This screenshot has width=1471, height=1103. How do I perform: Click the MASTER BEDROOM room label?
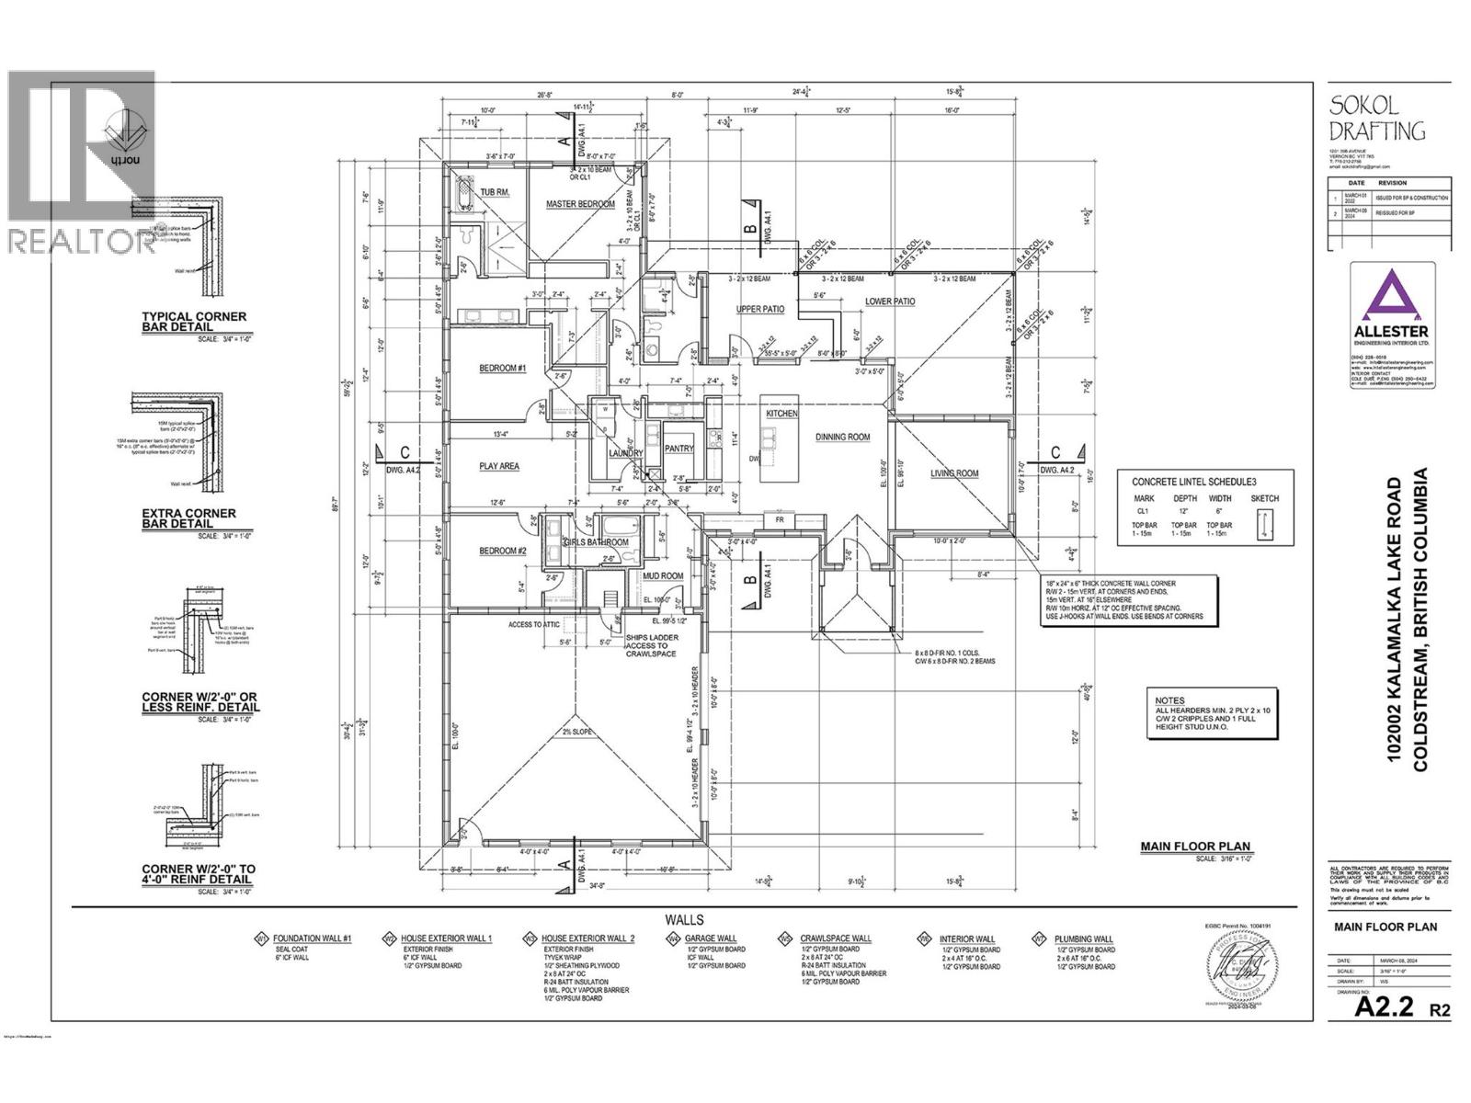click(x=579, y=204)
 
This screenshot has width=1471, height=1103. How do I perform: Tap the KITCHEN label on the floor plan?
click(x=782, y=415)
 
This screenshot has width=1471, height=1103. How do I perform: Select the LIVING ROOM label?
click(x=954, y=474)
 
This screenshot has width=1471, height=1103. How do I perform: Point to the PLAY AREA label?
click(x=498, y=467)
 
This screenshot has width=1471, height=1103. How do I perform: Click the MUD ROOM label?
click(x=663, y=576)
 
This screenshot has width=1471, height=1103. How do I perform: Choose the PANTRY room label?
click(x=678, y=449)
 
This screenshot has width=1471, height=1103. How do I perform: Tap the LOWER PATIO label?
click(x=889, y=301)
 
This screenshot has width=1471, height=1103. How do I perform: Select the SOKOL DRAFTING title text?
click(x=1376, y=117)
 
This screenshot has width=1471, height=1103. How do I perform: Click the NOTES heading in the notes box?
click(x=1170, y=700)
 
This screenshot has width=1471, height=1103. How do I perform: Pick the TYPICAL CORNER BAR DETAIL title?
click(x=194, y=322)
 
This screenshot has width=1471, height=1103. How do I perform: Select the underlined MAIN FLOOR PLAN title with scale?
click(x=1195, y=847)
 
